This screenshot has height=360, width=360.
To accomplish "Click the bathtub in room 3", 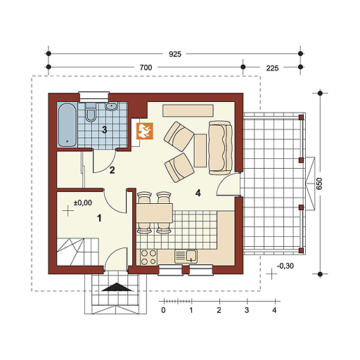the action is click(x=67, y=125).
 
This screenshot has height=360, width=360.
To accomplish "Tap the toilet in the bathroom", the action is click(x=91, y=112).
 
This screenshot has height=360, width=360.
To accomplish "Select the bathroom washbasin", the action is click(x=111, y=106).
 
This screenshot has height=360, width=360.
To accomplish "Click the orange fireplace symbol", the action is click(x=145, y=131).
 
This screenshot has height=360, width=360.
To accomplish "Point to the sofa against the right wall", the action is click(x=220, y=148).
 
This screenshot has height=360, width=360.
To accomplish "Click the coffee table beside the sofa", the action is click(x=200, y=150).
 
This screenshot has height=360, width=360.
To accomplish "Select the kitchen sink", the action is click(x=186, y=256).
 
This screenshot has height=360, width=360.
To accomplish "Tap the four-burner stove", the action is click(x=148, y=257).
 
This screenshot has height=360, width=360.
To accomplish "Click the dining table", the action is click(x=155, y=213).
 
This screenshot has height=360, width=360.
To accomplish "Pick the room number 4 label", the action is click(x=198, y=193).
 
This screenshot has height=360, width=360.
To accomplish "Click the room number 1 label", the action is click(x=99, y=218).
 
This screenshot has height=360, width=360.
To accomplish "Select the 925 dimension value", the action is click(x=175, y=54).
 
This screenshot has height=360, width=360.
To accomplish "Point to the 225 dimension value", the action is click(x=272, y=68).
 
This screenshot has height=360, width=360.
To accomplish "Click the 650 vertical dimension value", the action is click(x=319, y=184).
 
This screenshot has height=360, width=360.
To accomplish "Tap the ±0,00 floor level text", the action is click(x=83, y=202).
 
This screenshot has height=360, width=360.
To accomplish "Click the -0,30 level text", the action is click(x=285, y=266).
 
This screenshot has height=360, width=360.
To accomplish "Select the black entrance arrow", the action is click(x=117, y=287).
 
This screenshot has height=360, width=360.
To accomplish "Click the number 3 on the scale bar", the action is click(x=247, y=310).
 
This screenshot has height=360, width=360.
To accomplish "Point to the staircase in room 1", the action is click(x=77, y=252).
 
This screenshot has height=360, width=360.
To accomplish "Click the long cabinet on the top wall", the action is click(x=188, y=110).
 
